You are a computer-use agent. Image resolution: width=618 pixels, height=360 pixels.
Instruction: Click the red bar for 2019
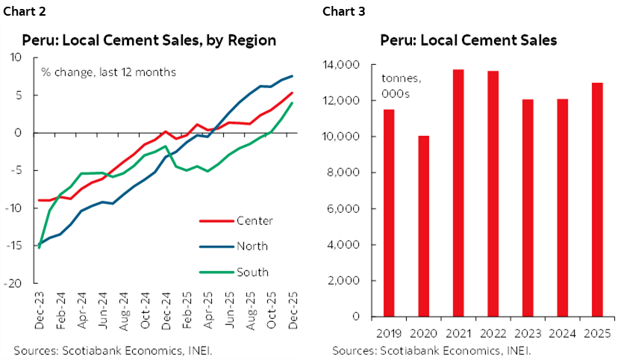coord(389,213)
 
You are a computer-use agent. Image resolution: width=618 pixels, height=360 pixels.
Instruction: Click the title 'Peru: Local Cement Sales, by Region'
coord(149,40)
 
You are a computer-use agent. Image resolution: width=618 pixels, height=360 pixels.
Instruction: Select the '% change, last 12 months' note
coord(107,72)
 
